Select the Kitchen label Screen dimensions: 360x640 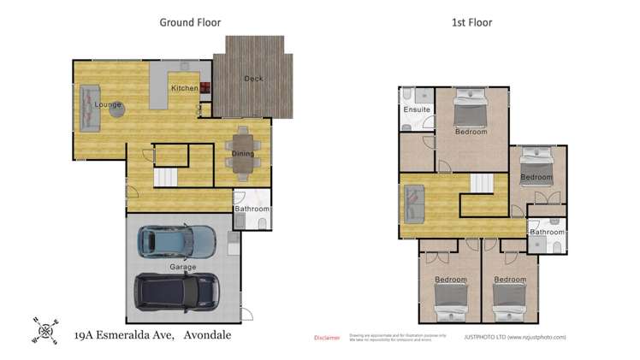184,88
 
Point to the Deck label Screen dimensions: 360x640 253,79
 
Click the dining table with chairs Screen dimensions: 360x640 244,153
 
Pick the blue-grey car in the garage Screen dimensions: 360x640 178,242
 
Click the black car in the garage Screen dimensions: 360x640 179,292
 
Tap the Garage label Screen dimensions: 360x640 182,267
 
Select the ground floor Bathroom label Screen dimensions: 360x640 252,209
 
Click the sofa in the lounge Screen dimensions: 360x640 90,108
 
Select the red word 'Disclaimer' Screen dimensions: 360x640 328,338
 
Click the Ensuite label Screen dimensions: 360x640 416,110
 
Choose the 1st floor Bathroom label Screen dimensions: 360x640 547,232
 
